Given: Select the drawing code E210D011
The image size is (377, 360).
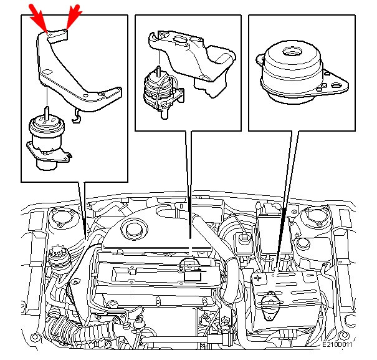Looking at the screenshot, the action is (337, 344).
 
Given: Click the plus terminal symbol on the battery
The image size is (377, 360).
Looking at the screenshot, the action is (258, 278).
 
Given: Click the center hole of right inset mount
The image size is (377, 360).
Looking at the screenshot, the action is (292, 51).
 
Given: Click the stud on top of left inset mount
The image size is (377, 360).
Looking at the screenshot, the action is (47, 113).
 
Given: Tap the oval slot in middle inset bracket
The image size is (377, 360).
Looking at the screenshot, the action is (179, 39).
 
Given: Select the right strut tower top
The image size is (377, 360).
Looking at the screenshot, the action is (314, 216).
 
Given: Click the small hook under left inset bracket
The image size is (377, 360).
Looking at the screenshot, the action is (77, 116).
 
